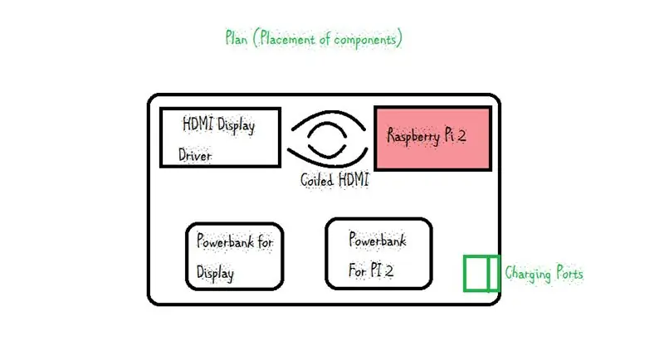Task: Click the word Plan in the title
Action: (237, 38)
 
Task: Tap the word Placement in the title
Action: (287, 38)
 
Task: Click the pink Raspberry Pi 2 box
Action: (432, 139)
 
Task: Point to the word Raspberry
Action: (413, 136)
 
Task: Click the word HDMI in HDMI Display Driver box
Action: (198, 124)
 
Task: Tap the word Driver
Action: (195, 155)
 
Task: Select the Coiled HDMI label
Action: (334, 180)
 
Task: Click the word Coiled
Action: (317, 180)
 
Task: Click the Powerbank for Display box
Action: (235, 256)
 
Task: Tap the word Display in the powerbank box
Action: (215, 273)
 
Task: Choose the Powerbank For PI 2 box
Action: (378, 254)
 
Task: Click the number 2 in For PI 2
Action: (388, 270)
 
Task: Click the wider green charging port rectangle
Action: (476, 273)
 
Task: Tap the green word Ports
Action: (569, 273)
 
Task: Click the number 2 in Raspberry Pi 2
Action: (461, 135)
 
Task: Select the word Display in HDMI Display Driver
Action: (236, 125)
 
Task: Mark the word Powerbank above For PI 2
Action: (378, 240)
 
